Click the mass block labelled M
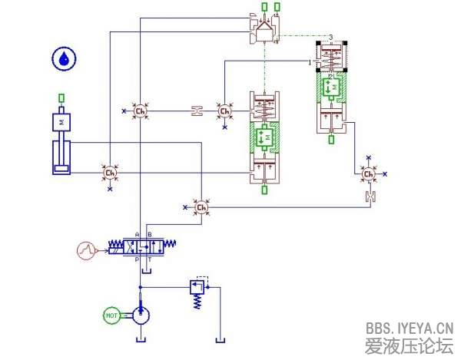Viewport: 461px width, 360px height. [61, 122]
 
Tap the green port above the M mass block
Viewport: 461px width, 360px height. [61, 98]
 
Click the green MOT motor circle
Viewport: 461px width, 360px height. [111, 315]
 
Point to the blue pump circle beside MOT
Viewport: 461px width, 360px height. [141, 315]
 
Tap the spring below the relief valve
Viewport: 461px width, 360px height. [197, 303]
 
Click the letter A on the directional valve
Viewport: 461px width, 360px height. [138, 234]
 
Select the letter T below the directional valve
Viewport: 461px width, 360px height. [150, 260]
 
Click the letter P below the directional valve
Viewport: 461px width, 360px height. [138, 260]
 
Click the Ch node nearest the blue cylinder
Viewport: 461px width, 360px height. [109, 173]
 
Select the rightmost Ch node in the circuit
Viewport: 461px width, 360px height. [369, 174]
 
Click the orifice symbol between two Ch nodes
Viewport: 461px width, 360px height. [197, 112]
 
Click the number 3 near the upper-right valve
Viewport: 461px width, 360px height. [330, 37]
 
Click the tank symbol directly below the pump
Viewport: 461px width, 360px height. [141, 339]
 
